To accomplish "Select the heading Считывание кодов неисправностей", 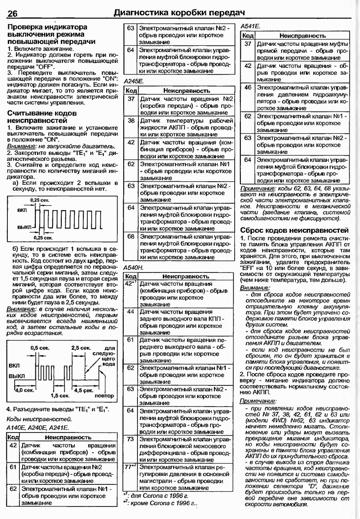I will (42, 117).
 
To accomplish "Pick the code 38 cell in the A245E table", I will (131, 122).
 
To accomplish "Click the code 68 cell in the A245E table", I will (131, 237).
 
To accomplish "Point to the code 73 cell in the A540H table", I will (131, 439).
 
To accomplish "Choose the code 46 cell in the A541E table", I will (248, 87).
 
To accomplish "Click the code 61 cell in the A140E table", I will (13, 467).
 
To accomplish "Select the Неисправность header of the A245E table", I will (187, 91).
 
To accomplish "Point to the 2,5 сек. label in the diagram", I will (80, 348).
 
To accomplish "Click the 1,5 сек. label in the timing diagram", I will (60, 395).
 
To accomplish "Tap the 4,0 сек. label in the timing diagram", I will (24, 390).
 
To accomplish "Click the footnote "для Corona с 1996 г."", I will (162, 495).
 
